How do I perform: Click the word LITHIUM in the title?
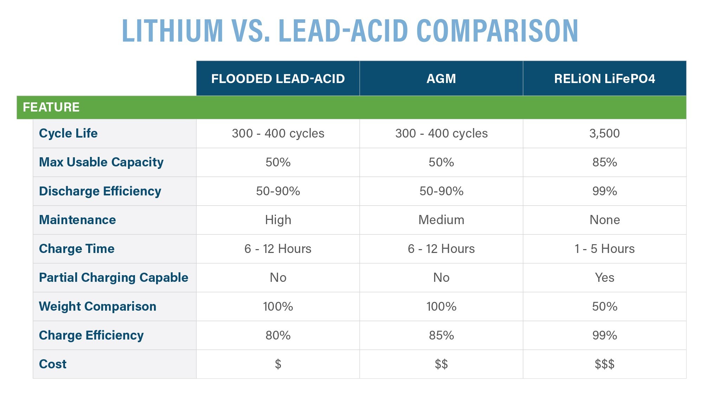tap(172, 31)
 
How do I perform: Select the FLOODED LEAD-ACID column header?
tap(278, 78)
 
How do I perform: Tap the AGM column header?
tap(441, 78)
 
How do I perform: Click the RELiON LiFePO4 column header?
tap(604, 78)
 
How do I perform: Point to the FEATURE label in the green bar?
tap(51, 107)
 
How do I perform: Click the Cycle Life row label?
tap(68, 133)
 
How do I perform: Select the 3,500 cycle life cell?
tap(604, 133)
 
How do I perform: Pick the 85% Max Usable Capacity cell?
tap(604, 162)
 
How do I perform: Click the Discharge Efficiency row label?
tap(100, 191)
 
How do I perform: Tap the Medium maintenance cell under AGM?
tap(441, 220)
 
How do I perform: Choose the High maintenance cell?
tap(278, 220)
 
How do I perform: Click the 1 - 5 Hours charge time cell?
tap(604, 249)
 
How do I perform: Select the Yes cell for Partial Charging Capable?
tap(604, 278)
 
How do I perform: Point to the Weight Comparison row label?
tap(97, 306)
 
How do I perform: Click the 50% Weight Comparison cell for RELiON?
tap(604, 306)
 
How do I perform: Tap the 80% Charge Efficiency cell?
tap(278, 335)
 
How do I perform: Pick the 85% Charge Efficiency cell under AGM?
tap(441, 335)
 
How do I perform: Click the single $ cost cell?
tap(278, 364)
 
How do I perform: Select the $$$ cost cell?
tap(604, 364)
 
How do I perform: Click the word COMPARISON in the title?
tap(497, 31)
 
